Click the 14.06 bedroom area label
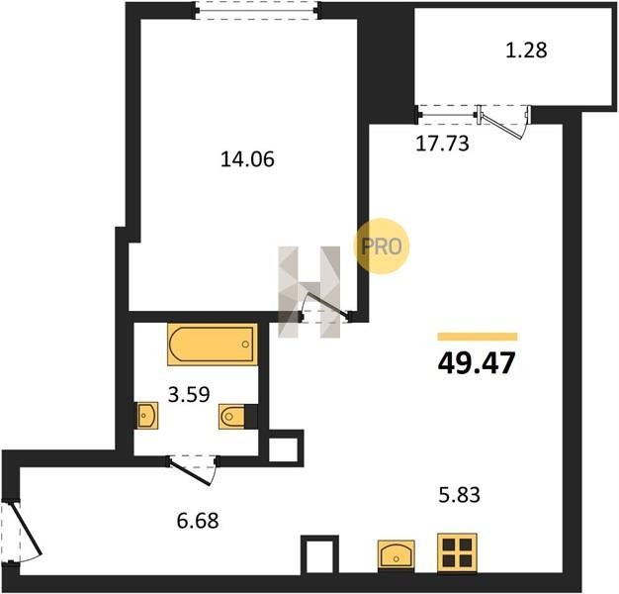(247, 159)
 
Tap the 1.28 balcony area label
(526, 50)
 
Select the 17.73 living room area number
(442, 144)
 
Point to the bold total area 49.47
(477, 362)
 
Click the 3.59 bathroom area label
(189, 394)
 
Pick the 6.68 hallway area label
(198, 521)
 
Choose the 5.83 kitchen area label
(460, 495)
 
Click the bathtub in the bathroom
(213, 345)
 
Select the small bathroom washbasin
(147, 415)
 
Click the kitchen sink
(396, 554)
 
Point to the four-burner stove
(457, 552)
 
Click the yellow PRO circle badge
(381, 247)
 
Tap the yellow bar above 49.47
(478, 337)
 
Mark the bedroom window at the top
(257, 10)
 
